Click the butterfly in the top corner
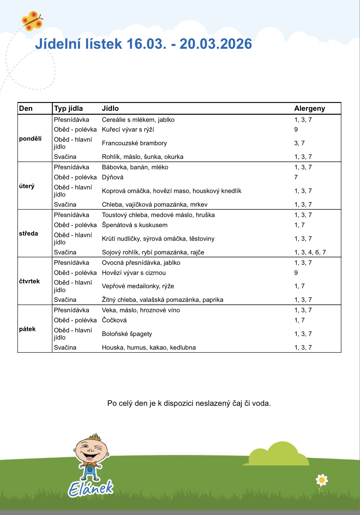32,21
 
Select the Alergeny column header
309,109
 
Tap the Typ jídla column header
68,109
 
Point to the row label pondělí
30,139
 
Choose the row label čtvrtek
29,281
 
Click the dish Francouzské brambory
134,143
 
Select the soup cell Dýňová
112,177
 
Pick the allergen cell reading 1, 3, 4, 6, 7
310,252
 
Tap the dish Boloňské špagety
127,334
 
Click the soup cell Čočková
114,320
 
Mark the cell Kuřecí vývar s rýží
128,130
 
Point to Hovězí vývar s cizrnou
133,273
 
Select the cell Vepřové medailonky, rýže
138,286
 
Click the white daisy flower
322,480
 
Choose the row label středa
28,234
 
